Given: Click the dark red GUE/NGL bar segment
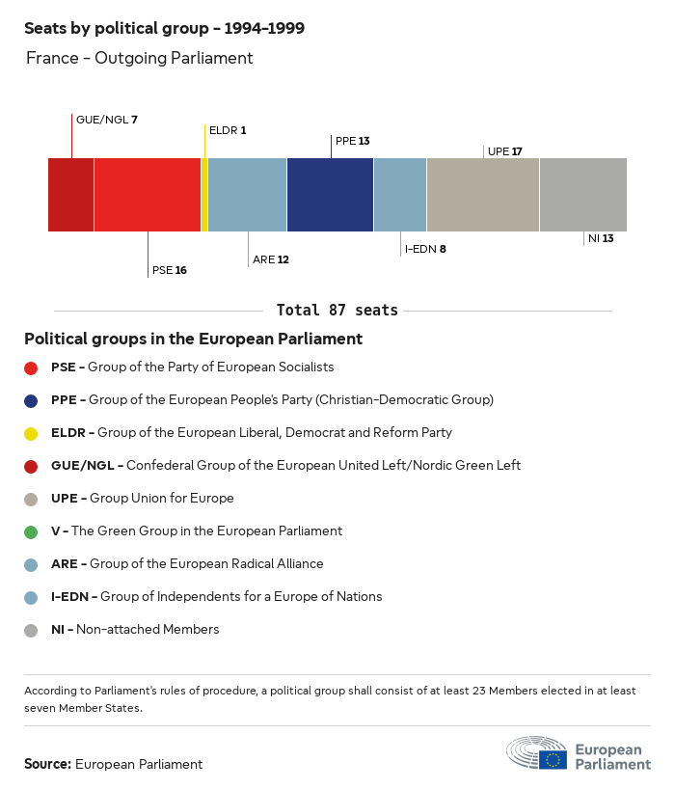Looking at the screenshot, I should tap(70, 194).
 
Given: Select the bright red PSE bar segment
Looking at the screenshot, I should tap(148, 194).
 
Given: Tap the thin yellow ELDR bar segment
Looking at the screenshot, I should tap(204, 194).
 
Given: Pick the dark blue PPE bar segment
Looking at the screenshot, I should tap(330, 194).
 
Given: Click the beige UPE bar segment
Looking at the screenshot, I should tap(482, 194).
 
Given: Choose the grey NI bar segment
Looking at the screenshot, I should tap(582, 194).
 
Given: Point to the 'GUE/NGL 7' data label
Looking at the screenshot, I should tap(107, 120).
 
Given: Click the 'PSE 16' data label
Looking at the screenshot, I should tap(169, 270).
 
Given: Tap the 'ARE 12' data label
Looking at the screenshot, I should tap(271, 259).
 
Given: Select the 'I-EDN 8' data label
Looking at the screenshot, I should tap(425, 249).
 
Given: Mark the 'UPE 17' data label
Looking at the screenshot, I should tap(505, 151).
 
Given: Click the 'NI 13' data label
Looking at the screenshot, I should tap(601, 238).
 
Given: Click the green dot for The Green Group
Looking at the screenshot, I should tap(31, 531).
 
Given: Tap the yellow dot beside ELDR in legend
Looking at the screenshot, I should tap(31, 433).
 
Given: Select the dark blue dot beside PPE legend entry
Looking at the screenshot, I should tap(31, 400).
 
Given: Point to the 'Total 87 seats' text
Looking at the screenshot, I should tap(337, 311).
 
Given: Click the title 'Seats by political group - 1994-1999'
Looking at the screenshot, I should tap(164, 28).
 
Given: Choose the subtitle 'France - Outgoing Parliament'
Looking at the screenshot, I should tap(139, 58).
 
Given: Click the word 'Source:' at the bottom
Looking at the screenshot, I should tap(47, 764).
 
